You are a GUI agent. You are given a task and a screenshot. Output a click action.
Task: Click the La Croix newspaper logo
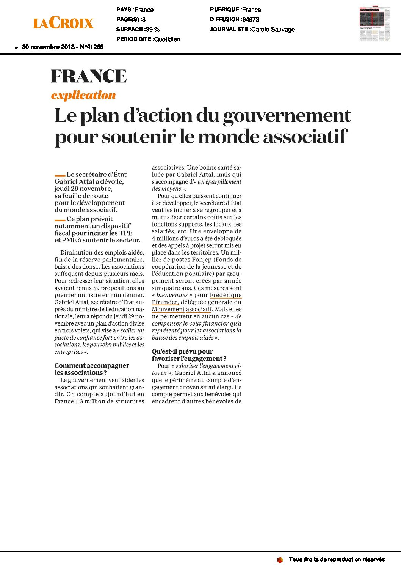pyautogui.click(x=63, y=23)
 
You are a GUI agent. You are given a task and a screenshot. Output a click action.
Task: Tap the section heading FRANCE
pyautogui.click(x=89, y=76)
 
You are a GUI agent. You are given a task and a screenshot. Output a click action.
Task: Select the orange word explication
pyautogui.click(x=83, y=95)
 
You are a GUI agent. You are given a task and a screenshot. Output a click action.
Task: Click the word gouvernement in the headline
pyautogui.click(x=287, y=116)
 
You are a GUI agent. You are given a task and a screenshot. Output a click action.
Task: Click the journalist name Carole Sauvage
pyautogui.click(x=273, y=30)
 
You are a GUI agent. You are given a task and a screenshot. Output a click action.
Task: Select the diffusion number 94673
pyautogui.click(x=251, y=20)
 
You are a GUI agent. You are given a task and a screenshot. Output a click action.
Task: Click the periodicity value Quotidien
pyautogui.click(x=167, y=39)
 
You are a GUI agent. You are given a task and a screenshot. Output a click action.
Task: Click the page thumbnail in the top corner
pyautogui.click(x=374, y=24)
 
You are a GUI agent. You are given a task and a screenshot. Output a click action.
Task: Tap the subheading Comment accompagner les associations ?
pyautogui.click(x=92, y=369)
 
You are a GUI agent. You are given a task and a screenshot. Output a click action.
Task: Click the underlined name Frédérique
pyautogui.click(x=226, y=295)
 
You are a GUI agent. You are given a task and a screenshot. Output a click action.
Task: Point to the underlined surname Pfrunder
pyautogui.click(x=165, y=302)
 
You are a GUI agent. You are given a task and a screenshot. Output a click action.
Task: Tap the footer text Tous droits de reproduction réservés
pyautogui.click(x=337, y=559)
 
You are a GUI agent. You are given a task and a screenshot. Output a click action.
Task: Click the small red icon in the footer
pyautogui.click(x=280, y=560)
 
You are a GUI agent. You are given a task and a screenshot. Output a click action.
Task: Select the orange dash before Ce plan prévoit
pyautogui.click(x=60, y=220)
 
